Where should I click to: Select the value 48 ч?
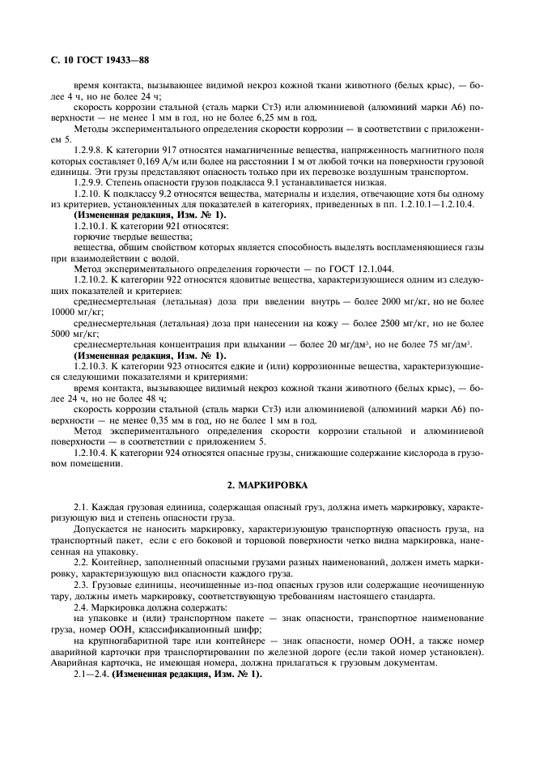[152, 399]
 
